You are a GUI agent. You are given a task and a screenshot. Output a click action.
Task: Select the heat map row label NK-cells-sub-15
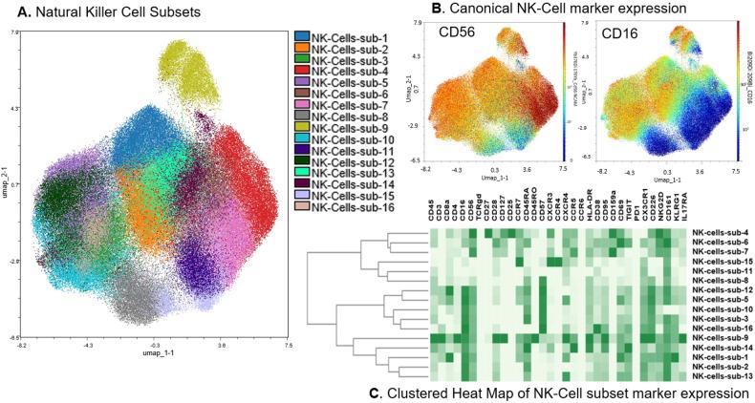(x=722, y=261)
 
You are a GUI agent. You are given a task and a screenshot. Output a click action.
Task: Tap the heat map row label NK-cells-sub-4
(x=722, y=232)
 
